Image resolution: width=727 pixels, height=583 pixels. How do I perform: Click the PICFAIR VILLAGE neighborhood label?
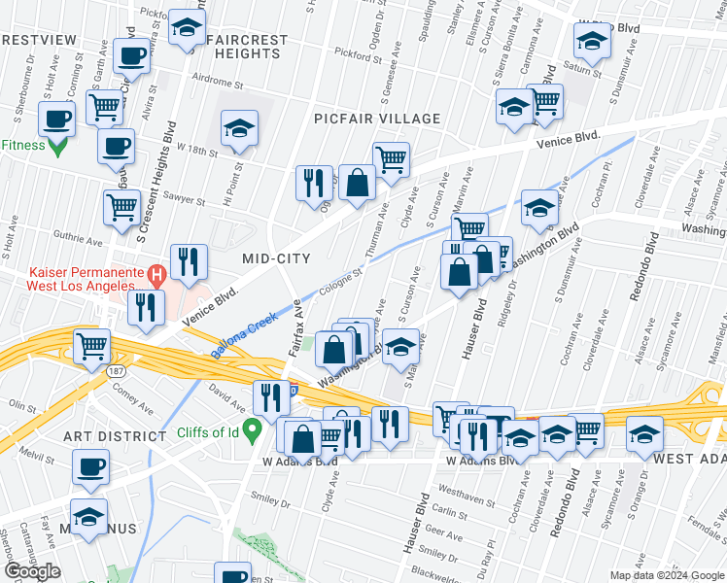point(377,119)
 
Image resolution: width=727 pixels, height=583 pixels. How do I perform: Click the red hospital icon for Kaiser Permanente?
point(152,275)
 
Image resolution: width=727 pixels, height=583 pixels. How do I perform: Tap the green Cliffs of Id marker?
point(252,427)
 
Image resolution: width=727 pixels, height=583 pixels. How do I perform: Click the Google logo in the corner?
point(33,571)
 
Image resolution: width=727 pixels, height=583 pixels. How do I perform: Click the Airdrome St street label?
point(216,78)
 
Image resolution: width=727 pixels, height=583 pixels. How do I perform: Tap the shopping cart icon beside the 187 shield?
point(91,345)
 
